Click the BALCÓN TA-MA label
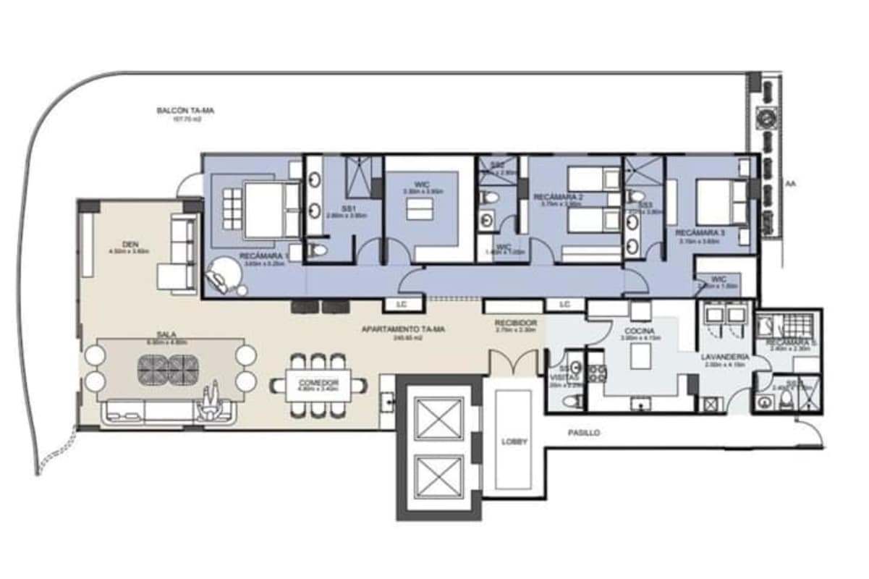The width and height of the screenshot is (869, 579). [x=186, y=111]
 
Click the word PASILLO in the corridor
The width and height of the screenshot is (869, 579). [x=584, y=432]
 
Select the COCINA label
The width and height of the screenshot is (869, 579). [x=640, y=329]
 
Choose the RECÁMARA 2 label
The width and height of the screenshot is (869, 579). [x=558, y=197]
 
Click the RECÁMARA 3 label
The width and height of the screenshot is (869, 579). [x=699, y=233]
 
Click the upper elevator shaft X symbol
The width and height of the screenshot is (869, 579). [x=439, y=419]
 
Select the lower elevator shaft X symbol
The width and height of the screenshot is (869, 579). [x=439, y=477]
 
